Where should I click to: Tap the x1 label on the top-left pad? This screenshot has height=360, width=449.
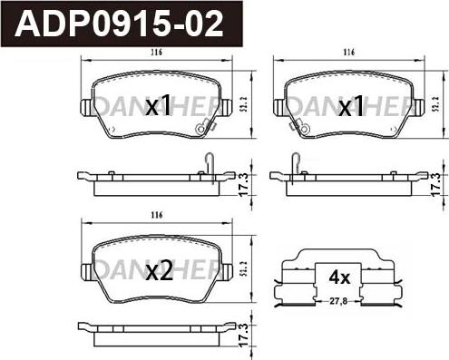tap(159, 107)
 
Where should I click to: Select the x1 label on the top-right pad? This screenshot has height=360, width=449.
tap(350, 107)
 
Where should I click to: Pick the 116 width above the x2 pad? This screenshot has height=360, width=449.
tap(156, 216)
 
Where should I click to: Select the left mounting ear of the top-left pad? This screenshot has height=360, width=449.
tap(88, 107)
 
